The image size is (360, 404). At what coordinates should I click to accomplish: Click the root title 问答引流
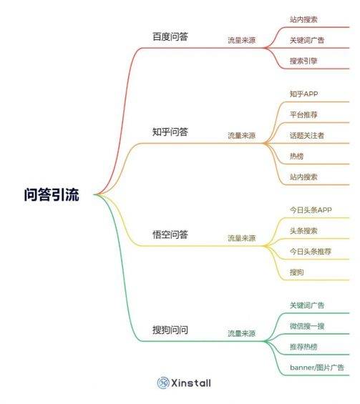[52, 194]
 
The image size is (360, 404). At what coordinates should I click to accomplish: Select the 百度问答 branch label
[170, 36]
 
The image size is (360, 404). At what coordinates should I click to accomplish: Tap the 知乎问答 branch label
[170, 132]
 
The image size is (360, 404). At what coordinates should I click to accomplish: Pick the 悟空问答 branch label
[170, 235]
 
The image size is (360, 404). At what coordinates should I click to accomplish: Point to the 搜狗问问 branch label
[170, 330]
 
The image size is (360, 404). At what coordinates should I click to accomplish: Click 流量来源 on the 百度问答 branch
[242, 40]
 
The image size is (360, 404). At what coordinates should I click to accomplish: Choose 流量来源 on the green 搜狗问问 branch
[242, 333]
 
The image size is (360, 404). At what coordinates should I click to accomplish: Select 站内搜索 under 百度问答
[303, 19]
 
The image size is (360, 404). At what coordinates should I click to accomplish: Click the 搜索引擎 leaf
[303, 61]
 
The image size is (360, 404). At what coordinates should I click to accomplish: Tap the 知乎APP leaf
[303, 94]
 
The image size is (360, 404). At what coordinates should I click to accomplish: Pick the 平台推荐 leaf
[303, 114]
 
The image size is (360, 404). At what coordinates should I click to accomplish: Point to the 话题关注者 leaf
[307, 136]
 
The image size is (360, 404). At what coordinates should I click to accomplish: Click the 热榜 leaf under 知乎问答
[296, 156]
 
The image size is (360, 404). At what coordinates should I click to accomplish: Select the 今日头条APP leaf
[311, 210]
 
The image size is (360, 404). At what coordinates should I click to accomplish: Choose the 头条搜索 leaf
[303, 230]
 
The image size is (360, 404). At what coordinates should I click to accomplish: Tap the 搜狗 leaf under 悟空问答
[296, 272]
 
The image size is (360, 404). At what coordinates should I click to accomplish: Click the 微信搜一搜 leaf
[307, 326]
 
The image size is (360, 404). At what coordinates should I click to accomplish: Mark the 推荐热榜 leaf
[303, 347]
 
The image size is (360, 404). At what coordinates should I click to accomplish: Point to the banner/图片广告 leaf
[317, 368]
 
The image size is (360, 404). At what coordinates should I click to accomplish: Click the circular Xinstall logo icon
[163, 383]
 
